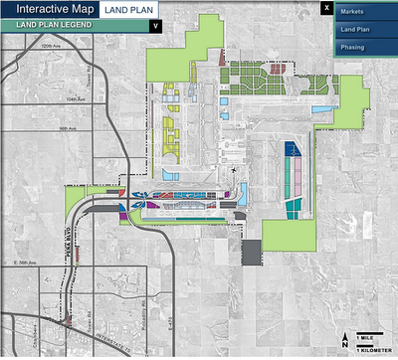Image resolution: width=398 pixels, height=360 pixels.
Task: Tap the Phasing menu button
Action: coord(352,47)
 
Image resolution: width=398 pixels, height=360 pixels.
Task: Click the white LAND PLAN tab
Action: coord(130,9)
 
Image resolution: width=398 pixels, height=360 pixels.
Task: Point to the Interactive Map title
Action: coord(51,9)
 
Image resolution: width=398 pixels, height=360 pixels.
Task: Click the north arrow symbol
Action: coord(344,340)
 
